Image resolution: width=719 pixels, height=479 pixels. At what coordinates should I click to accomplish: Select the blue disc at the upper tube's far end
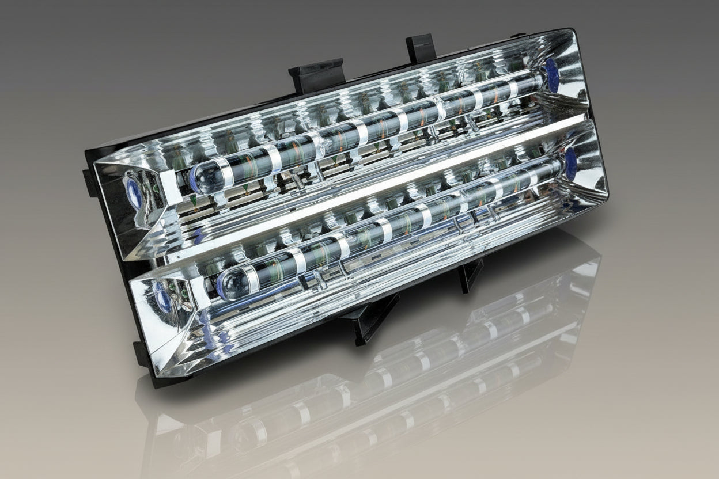[x=551, y=75]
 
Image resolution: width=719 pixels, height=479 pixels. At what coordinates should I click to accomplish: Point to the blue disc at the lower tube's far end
[x=570, y=164]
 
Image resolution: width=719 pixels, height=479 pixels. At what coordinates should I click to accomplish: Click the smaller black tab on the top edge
[x=420, y=48]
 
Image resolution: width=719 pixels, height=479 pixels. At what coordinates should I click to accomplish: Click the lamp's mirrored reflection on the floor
[x=369, y=391]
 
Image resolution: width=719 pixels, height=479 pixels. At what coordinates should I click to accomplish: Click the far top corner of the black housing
[x=567, y=32]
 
